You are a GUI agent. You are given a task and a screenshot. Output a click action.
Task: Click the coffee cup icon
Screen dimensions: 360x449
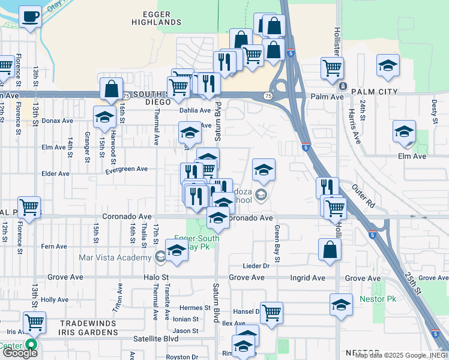(x=30, y=17)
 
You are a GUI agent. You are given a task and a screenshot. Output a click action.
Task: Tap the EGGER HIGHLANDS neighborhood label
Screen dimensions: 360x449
(x=156, y=17)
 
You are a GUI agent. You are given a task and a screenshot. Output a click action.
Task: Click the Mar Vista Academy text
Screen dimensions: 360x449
(x=115, y=258)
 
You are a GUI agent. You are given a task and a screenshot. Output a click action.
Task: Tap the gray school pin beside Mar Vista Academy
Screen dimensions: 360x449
(x=160, y=257)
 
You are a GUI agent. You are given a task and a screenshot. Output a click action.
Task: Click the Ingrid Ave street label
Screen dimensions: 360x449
(x=308, y=278)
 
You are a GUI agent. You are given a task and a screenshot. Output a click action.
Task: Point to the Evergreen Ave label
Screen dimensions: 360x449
(x=126, y=169)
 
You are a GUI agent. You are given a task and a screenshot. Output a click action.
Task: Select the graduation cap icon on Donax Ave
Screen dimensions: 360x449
(x=104, y=117)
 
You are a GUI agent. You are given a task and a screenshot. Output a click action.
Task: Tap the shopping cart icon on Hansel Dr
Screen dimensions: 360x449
(x=271, y=312)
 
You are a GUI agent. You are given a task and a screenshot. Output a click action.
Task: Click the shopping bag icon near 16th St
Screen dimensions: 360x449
(x=112, y=89)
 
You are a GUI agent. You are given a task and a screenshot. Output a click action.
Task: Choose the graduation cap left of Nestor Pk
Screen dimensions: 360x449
(x=341, y=305)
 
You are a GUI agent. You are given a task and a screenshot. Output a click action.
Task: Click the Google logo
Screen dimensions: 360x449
(x=20, y=353)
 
